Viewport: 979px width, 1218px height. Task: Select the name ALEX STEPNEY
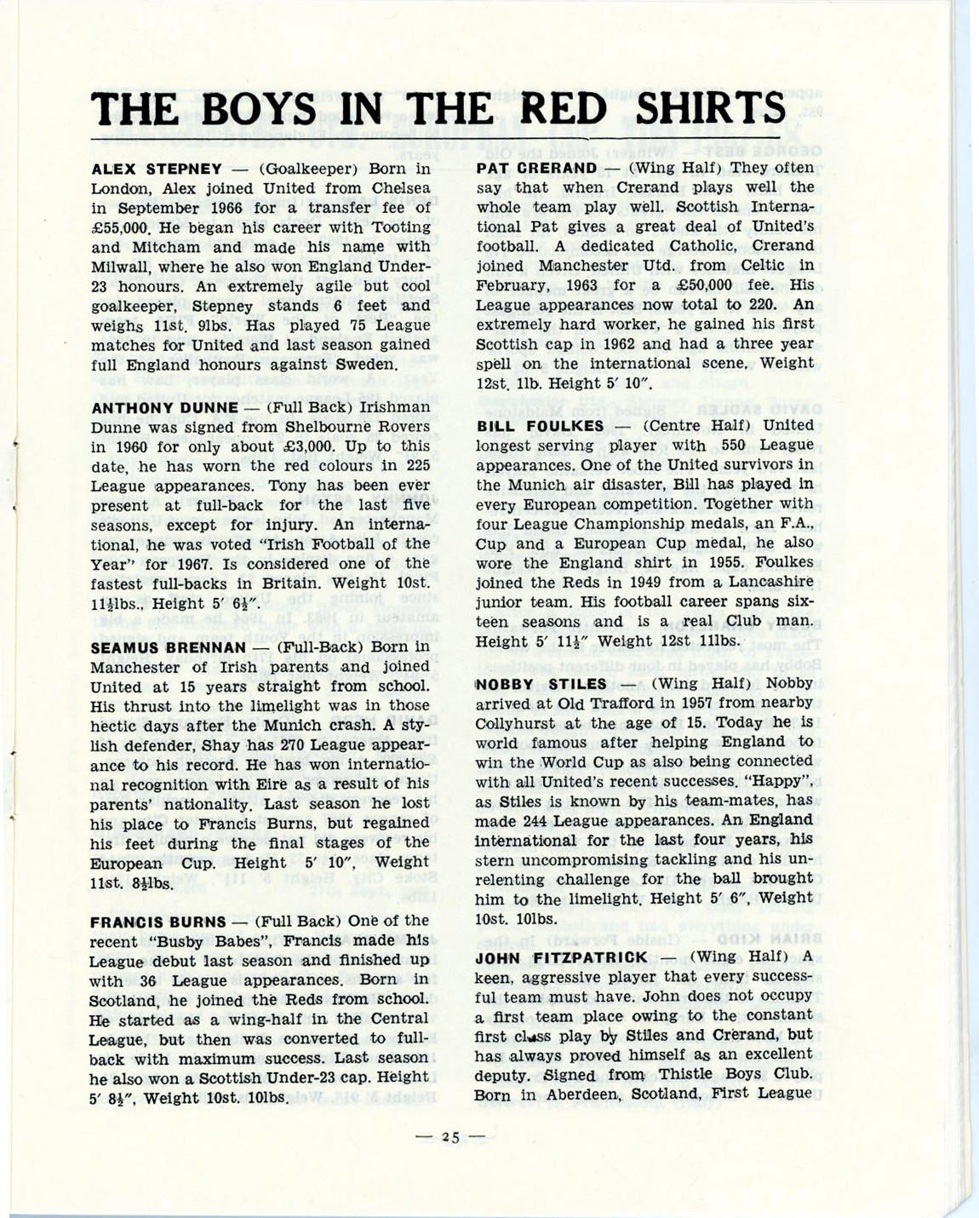(156, 169)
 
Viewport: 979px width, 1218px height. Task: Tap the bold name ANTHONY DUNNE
(164, 407)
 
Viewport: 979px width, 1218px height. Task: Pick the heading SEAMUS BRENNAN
(169, 647)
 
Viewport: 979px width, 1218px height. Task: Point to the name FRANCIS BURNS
(158, 922)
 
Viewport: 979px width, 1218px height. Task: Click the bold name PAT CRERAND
(536, 168)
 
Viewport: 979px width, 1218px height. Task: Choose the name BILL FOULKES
(540, 426)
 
